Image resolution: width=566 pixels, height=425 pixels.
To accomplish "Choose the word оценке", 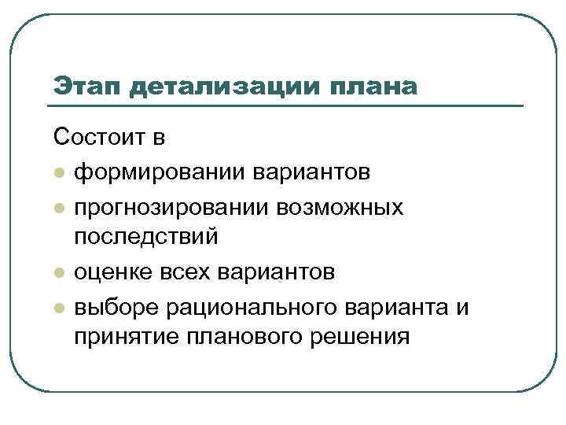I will pos(111,272).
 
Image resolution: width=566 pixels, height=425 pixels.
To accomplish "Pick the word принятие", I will pos(123,338).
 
